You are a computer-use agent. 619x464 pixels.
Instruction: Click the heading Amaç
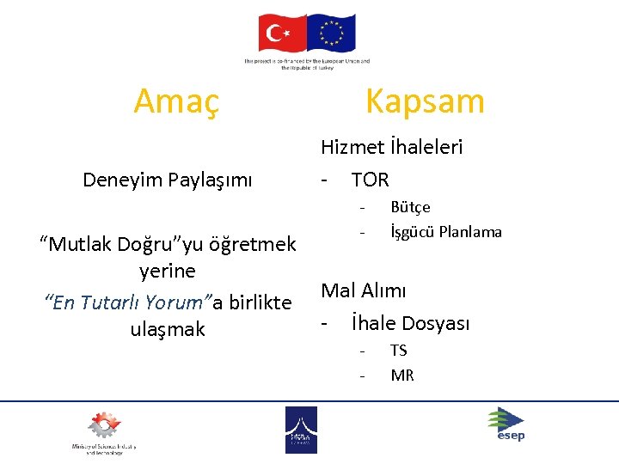(x=176, y=101)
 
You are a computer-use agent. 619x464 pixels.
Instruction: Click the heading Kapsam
(x=425, y=101)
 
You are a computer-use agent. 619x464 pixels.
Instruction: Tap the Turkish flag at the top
(x=282, y=34)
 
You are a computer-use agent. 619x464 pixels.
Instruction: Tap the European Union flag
(x=331, y=34)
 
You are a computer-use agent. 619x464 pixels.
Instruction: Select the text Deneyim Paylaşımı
(x=168, y=180)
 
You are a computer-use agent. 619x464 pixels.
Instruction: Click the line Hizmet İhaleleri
(x=391, y=147)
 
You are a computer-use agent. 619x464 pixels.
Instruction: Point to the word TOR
(x=370, y=180)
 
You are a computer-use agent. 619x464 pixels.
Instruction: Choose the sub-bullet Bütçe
(x=410, y=207)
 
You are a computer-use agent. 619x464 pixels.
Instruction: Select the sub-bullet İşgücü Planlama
(x=445, y=232)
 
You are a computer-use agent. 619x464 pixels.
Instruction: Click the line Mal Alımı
(x=364, y=290)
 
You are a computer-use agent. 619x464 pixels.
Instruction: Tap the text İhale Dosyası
(x=410, y=323)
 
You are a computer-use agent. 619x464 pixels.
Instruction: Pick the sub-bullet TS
(x=399, y=350)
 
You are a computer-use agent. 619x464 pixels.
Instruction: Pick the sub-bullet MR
(x=401, y=375)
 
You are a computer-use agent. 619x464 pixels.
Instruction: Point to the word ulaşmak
(x=168, y=329)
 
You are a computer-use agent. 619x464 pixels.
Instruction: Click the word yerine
(x=168, y=272)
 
